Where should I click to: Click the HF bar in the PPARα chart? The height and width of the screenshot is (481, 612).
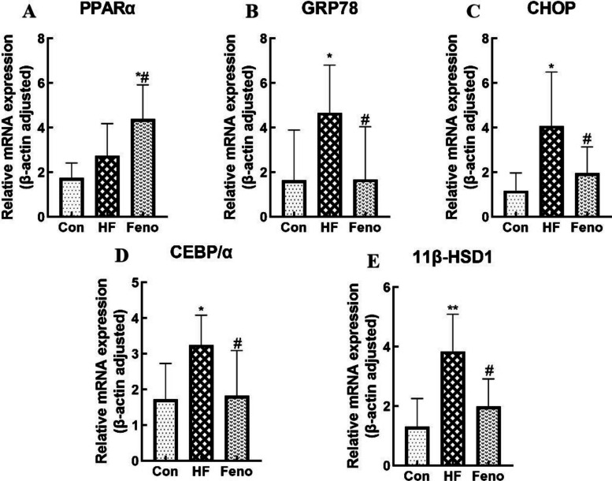(107, 186)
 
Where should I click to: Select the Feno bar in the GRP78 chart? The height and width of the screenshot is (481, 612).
(365, 198)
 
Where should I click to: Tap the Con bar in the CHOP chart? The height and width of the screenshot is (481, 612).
(516, 203)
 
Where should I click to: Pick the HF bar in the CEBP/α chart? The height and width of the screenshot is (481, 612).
(202, 403)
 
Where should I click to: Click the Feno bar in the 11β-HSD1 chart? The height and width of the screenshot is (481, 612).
(488, 436)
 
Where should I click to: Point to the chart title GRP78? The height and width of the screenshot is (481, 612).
(330, 9)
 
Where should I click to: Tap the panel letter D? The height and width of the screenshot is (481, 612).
(122, 255)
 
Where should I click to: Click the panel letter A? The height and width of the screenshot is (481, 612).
(29, 12)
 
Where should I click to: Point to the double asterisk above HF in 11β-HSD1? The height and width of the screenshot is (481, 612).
(453, 308)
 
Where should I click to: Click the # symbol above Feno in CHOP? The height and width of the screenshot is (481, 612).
(587, 138)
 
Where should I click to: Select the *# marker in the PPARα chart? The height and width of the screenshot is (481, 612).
(143, 79)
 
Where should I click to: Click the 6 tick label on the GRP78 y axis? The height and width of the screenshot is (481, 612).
(265, 83)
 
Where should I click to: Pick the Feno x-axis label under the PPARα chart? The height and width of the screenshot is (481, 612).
(143, 227)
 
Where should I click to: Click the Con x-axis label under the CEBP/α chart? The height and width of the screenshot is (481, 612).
(165, 472)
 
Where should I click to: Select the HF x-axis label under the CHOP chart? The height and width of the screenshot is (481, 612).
(551, 227)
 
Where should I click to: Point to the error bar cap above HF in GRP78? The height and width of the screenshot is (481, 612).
(329, 65)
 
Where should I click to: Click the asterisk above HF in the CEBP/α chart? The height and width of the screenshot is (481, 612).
(202, 309)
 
